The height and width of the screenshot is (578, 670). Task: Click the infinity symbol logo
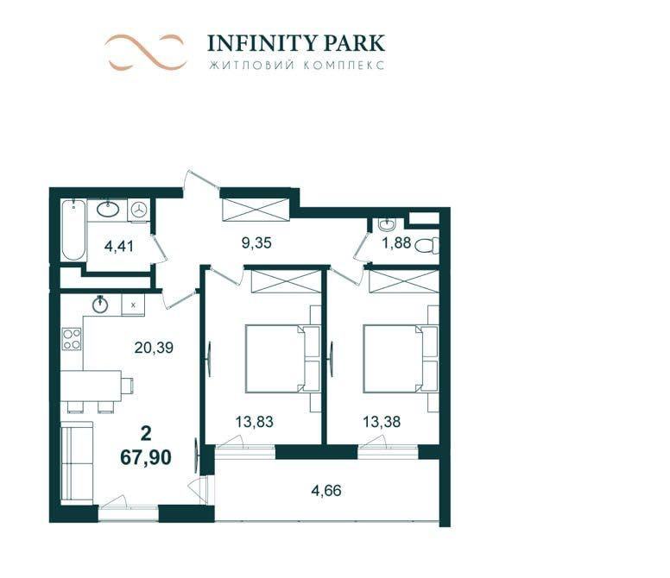[x=146, y=52]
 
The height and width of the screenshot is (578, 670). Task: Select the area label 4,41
[x=118, y=246]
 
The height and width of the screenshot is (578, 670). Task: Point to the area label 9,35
[x=256, y=243]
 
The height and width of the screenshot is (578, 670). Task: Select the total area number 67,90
[x=145, y=456]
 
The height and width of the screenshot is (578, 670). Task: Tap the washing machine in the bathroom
[x=139, y=210]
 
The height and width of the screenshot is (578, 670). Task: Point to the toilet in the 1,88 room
[x=426, y=245]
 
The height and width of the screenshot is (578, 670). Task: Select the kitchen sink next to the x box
[x=101, y=304]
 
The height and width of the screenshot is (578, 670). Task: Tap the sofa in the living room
[x=76, y=462]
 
